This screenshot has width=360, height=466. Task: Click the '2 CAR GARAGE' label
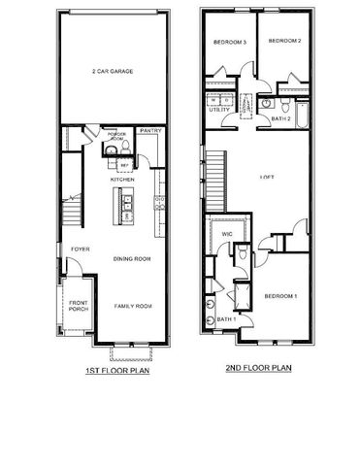tap(112, 72)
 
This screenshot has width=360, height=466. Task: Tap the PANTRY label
tap(149, 129)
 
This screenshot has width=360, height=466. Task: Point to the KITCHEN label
tap(121, 180)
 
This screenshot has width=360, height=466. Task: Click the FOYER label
tap(80, 250)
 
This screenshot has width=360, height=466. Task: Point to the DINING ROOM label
tap(132, 258)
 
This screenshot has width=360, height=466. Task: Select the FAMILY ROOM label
tap(132, 306)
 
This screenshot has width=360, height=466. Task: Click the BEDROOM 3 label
tap(229, 43)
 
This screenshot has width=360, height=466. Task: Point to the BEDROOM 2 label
tap(285, 41)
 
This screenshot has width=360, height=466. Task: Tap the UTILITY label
tap(219, 110)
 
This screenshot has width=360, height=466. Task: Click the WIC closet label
tap(229, 234)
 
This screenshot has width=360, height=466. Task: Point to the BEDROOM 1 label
tap(280, 294)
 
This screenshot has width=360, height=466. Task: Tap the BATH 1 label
tap(225, 319)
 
